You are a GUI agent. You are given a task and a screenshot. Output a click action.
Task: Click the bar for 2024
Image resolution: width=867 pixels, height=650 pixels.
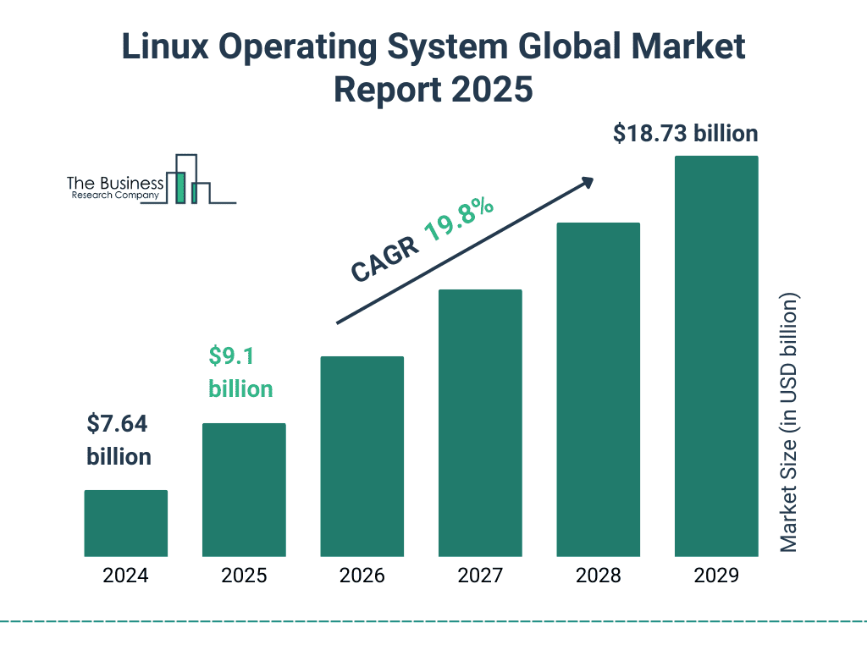(125, 523)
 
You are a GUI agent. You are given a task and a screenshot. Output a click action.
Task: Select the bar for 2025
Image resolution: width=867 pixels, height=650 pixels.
(244, 489)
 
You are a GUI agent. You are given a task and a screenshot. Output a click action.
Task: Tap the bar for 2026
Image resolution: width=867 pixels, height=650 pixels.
(362, 456)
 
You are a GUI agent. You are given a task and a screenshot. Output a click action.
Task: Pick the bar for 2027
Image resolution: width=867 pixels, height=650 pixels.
(480, 423)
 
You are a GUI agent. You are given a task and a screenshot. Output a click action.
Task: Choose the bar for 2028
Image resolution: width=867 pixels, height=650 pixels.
(598, 389)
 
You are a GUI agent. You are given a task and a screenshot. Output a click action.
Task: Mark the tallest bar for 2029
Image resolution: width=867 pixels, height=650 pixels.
(716, 356)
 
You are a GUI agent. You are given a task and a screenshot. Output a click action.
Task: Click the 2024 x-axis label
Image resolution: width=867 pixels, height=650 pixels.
(125, 576)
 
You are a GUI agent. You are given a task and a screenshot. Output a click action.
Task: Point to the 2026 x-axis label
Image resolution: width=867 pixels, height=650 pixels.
(362, 576)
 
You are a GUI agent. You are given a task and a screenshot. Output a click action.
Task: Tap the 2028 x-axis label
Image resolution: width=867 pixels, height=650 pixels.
(598, 576)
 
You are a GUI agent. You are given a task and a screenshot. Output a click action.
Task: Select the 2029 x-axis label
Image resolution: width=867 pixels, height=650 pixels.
(716, 576)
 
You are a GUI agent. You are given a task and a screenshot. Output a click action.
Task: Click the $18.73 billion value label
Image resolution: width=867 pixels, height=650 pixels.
(685, 134)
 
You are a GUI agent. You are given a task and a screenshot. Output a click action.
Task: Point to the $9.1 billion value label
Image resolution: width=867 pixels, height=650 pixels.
(240, 372)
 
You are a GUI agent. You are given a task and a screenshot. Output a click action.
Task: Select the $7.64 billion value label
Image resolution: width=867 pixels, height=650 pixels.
(119, 440)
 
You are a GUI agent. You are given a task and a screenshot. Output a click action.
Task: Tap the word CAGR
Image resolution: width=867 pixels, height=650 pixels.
(384, 259)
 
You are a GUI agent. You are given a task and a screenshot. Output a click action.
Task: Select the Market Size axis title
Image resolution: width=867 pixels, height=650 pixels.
(789, 423)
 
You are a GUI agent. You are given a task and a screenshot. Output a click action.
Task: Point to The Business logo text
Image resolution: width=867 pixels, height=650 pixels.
(115, 184)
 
